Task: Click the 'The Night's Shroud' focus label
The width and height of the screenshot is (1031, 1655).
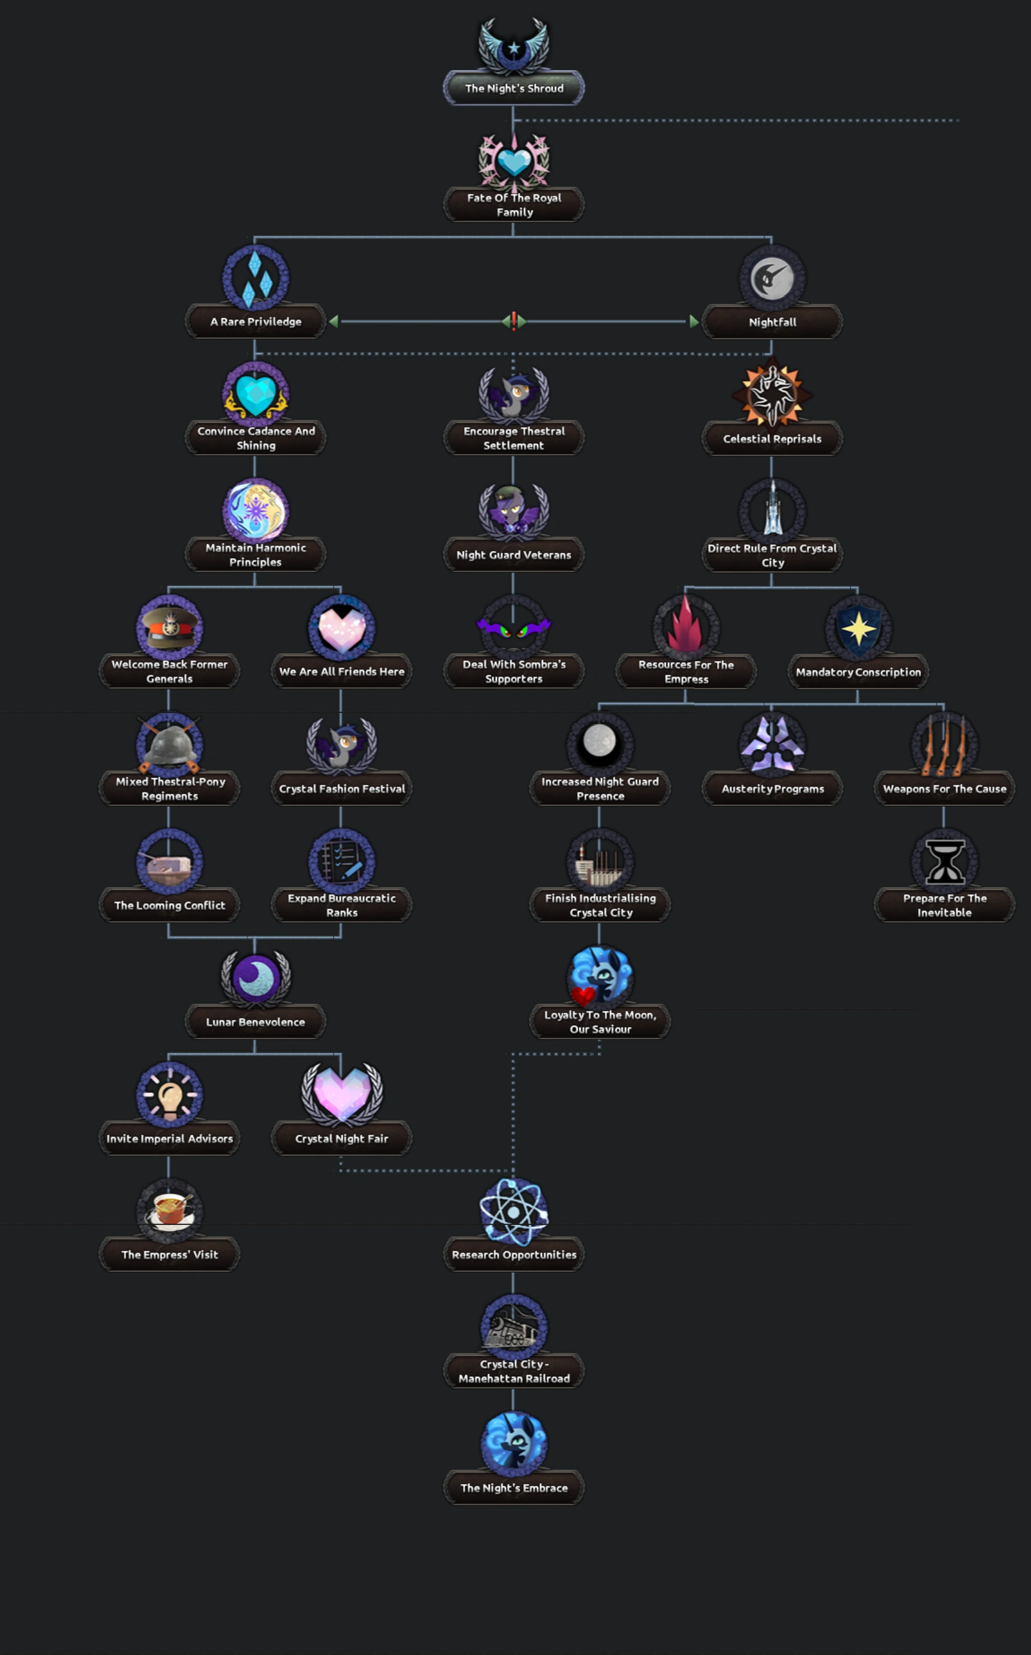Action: coord(514,88)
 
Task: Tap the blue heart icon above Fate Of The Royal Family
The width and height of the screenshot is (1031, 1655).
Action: coord(514,161)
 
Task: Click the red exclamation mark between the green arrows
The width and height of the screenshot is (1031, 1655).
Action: coord(514,321)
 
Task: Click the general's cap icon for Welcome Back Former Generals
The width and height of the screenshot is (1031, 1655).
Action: coord(169,627)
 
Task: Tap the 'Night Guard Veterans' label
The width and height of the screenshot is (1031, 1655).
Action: coord(514,555)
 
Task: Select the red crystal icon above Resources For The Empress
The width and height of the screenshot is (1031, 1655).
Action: coord(685,627)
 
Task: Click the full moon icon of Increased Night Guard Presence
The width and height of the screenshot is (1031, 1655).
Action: coord(599,742)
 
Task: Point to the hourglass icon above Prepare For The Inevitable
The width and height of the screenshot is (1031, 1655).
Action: coord(944,861)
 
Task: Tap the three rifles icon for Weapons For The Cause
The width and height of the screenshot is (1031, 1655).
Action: coord(944,745)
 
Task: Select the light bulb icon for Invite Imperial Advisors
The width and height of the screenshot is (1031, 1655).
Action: coord(169,1094)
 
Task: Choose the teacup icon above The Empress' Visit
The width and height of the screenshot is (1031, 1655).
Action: coord(169,1211)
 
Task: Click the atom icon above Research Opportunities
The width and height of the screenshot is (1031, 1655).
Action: coord(514,1211)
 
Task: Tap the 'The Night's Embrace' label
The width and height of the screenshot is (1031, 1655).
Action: coord(514,1488)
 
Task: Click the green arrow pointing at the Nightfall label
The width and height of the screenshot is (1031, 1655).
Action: coord(694,321)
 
